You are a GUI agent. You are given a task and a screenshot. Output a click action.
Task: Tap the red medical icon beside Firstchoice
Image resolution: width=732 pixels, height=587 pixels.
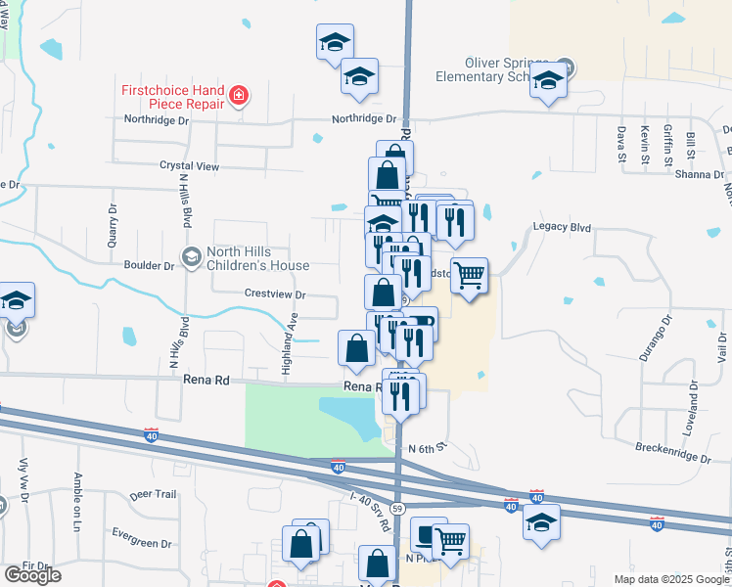(239, 96)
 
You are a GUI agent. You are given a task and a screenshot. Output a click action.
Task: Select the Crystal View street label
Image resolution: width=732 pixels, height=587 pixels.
(190, 166)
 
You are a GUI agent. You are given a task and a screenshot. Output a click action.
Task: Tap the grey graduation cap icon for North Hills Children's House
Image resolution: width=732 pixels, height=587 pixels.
(191, 257)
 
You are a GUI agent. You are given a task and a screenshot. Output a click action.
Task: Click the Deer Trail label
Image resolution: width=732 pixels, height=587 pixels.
(153, 495)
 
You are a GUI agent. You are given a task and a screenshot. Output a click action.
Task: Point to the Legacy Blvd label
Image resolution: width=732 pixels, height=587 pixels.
(563, 227)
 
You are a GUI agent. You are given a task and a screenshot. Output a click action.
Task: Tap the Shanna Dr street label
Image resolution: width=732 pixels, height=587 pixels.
(700, 175)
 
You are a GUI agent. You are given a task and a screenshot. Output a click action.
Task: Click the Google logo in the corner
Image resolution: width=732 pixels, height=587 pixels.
(32, 575)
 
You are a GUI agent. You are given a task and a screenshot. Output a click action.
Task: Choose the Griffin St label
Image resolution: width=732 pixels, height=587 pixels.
(668, 141)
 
